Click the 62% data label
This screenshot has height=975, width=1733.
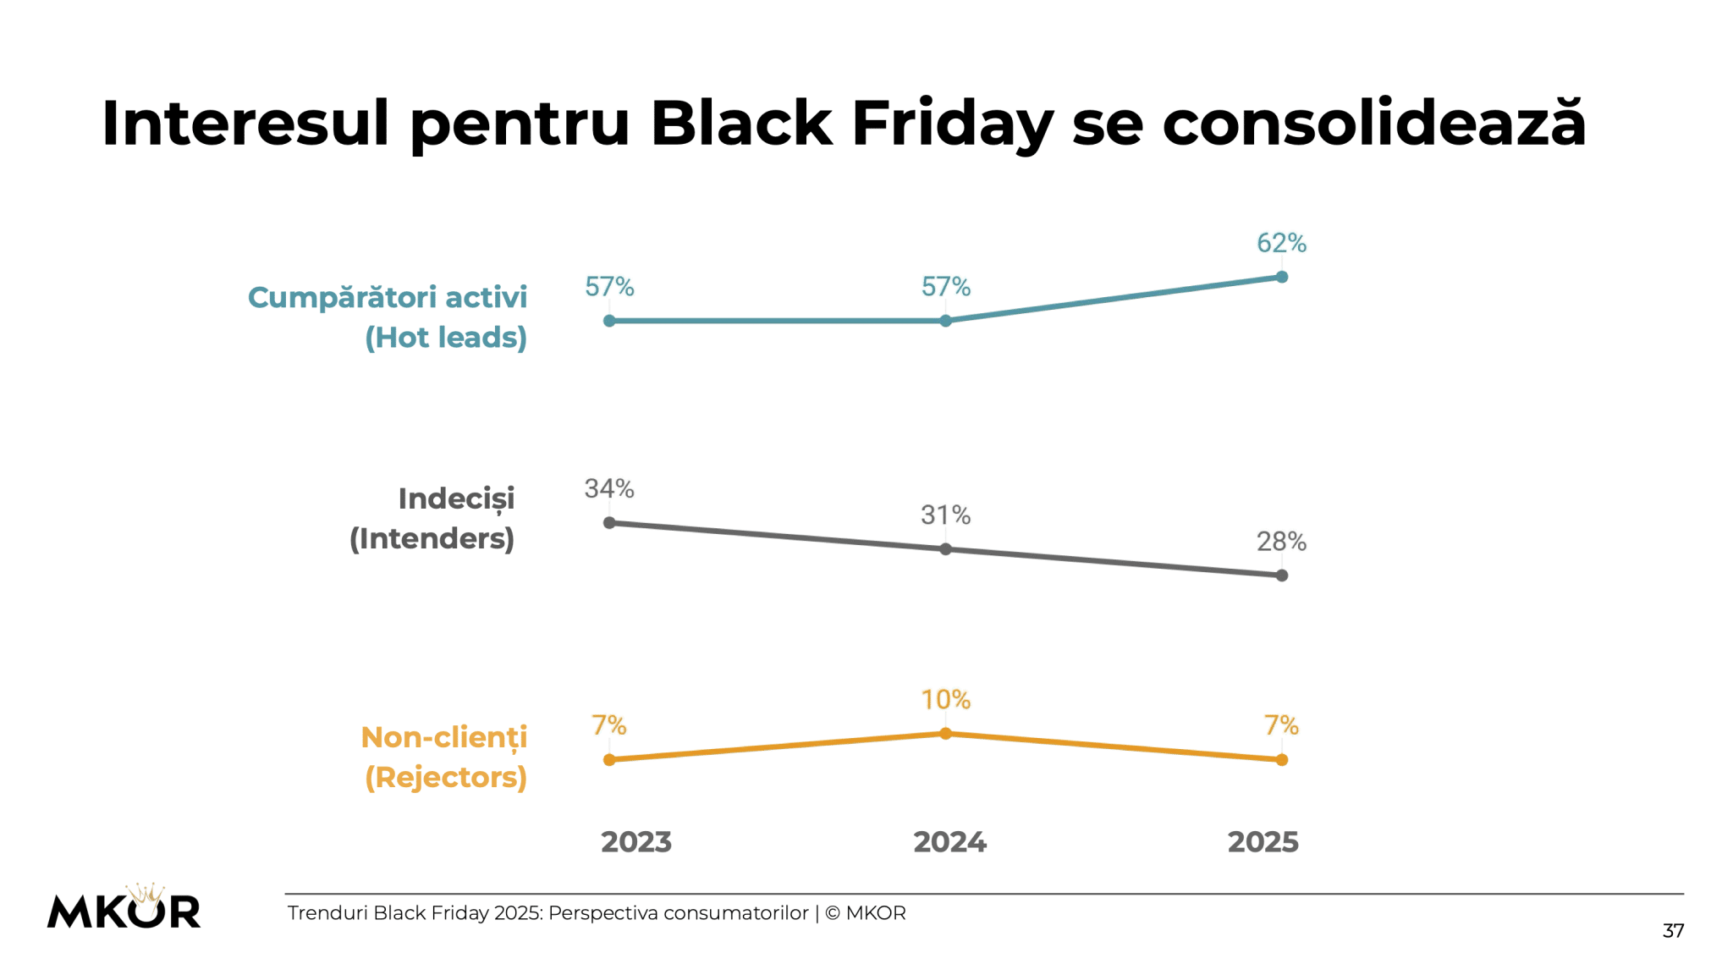point(1281,243)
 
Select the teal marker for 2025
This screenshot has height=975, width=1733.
point(1282,277)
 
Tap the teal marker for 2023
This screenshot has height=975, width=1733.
point(609,321)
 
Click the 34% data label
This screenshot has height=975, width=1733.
point(609,488)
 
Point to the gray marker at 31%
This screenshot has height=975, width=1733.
point(946,549)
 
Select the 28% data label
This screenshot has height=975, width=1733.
point(1281,542)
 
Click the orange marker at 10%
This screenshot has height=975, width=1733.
point(946,733)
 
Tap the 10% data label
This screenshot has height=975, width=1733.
point(946,700)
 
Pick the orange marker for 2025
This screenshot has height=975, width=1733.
point(1282,760)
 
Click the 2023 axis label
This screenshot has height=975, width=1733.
point(636,842)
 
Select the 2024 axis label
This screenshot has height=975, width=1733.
point(949,842)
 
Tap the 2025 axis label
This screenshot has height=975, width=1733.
point(1263,842)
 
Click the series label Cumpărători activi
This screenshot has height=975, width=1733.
point(388,298)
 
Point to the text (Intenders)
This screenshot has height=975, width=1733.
point(432,539)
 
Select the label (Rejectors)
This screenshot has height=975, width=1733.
point(446,777)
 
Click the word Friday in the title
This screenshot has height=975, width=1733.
point(952,124)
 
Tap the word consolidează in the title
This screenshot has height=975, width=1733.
point(1374,124)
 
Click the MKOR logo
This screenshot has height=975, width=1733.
point(124,908)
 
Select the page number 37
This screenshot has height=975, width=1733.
point(1673,931)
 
